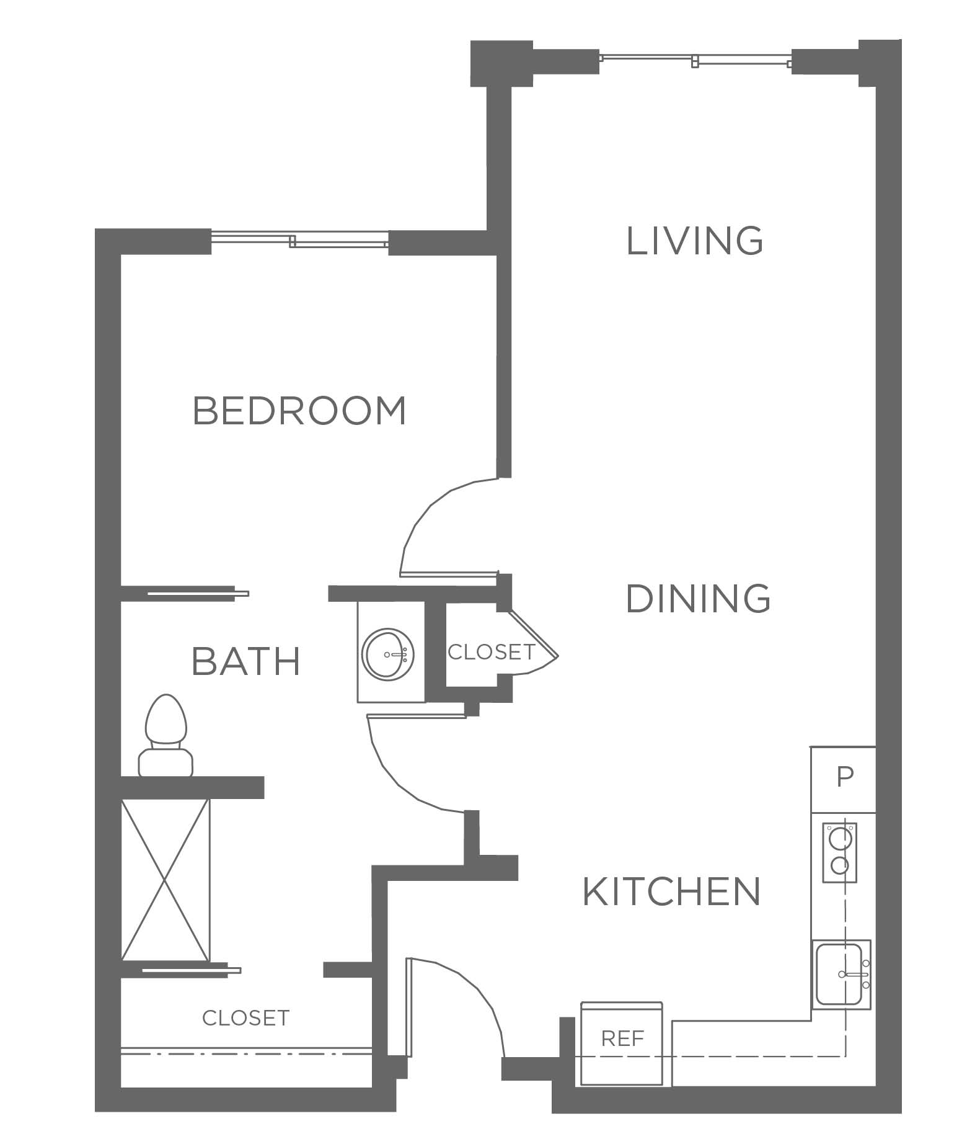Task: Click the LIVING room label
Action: click(x=694, y=241)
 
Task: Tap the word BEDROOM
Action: click(x=299, y=410)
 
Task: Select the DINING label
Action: click(x=698, y=599)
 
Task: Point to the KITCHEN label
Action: click(x=671, y=891)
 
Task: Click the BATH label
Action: click(x=246, y=661)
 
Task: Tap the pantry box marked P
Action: click(x=843, y=779)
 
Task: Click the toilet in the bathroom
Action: click(x=165, y=736)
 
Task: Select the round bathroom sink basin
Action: click(x=389, y=654)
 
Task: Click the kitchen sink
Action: click(x=842, y=973)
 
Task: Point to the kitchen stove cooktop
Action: click(x=839, y=852)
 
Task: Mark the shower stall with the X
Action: click(x=166, y=880)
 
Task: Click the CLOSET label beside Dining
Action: click(x=491, y=652)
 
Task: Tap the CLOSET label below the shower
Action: click(x=245, y=1018)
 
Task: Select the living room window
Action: click(x=695, y=60)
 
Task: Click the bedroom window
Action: click(x=299, y=239)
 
